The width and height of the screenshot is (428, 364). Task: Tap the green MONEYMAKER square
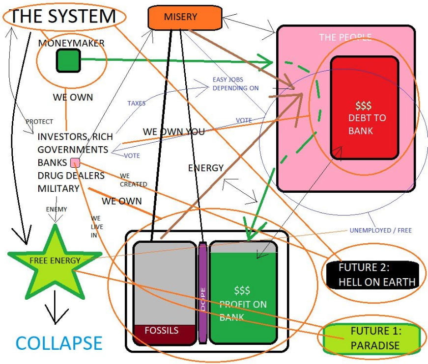(68, 60)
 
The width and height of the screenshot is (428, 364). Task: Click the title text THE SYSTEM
(63, 17)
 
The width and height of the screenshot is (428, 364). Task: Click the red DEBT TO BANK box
(364, 107)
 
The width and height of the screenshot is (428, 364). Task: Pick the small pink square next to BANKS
(75, 163)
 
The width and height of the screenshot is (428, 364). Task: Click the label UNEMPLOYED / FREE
(380, 231)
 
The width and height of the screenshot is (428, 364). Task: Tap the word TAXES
(136, 104)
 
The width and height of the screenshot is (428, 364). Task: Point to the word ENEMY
(57, 209)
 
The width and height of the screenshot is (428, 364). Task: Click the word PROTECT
(39, 122)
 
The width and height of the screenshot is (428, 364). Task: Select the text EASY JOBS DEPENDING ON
(235, 84)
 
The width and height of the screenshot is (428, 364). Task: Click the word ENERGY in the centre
(206, 168)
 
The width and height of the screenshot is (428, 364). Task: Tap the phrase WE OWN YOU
(173, 131)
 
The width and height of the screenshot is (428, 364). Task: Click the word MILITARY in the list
(58, 189)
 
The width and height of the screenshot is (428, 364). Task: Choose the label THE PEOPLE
(345, 37)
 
